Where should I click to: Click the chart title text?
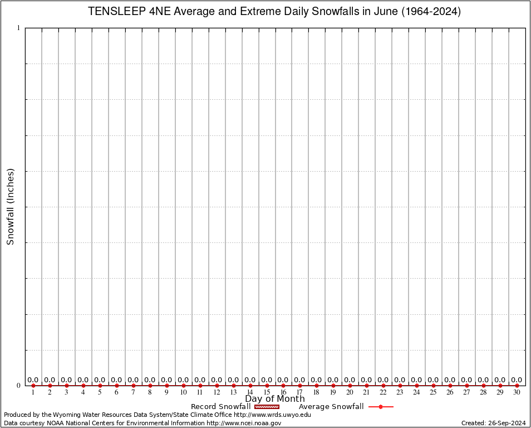pos(275,12)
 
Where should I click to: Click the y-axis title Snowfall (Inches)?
pos(10,207)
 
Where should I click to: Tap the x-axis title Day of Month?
pos(275,398)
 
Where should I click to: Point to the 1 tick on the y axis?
pos(18,28)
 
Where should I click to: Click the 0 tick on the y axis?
pos(18,386)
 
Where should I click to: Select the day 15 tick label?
pos(267,393)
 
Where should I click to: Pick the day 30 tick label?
pos(517,393)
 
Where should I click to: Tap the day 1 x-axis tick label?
pos(33,393)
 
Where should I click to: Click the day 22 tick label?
pos(383,393)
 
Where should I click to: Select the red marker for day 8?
pos(150,386)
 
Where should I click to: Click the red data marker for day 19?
pos(333,386)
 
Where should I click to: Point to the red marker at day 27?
pos(466,386)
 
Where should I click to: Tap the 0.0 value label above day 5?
pos(100,380)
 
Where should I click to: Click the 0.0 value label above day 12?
pos(217,380)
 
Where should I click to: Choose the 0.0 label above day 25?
pos(433,380)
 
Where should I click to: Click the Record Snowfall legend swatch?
pos(267,407)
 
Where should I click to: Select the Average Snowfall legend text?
pos(331,407)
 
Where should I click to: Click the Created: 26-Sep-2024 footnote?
pos(493,423)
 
